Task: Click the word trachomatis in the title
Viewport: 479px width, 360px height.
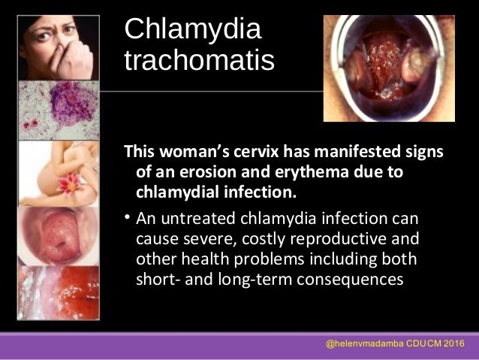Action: [x=199, y=62]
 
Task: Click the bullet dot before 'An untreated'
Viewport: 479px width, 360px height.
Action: [x=128, y=219]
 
